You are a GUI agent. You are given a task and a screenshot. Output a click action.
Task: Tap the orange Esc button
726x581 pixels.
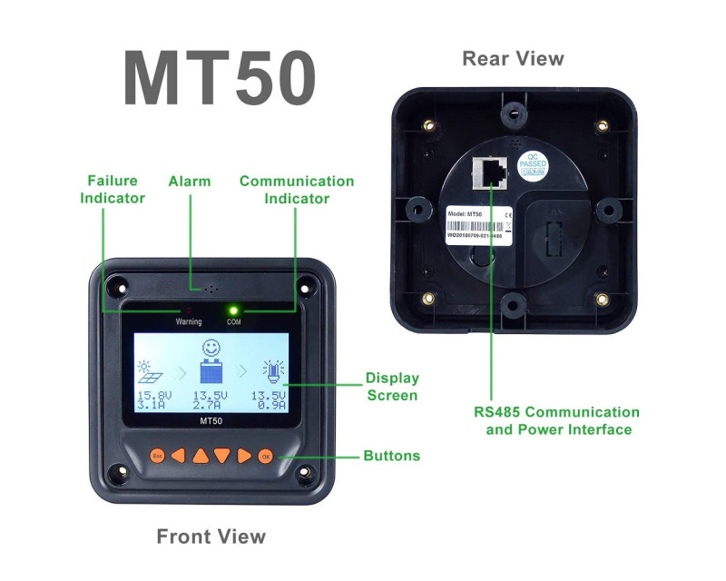coord(157,456)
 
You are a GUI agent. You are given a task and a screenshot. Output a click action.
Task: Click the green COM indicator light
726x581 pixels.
coord(233,310)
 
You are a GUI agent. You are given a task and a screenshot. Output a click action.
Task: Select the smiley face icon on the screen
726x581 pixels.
coord(211,348)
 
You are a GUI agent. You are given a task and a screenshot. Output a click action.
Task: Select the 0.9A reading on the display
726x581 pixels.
coord(270,406)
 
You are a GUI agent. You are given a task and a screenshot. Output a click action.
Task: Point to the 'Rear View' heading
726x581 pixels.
coord(513,59)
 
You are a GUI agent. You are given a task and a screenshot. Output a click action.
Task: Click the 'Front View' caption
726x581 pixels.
coord(211,536)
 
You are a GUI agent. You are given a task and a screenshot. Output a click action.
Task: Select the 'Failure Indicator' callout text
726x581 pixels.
coord(113,189)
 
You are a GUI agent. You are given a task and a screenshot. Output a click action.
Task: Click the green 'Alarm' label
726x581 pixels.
coord(190,181)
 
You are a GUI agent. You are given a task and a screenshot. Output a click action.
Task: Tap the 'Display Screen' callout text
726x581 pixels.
coord(391,386)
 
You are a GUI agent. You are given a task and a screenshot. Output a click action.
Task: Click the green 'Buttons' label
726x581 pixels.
coord(391,456)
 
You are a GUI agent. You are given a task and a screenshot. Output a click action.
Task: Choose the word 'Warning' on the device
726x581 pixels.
coord(189,321)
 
